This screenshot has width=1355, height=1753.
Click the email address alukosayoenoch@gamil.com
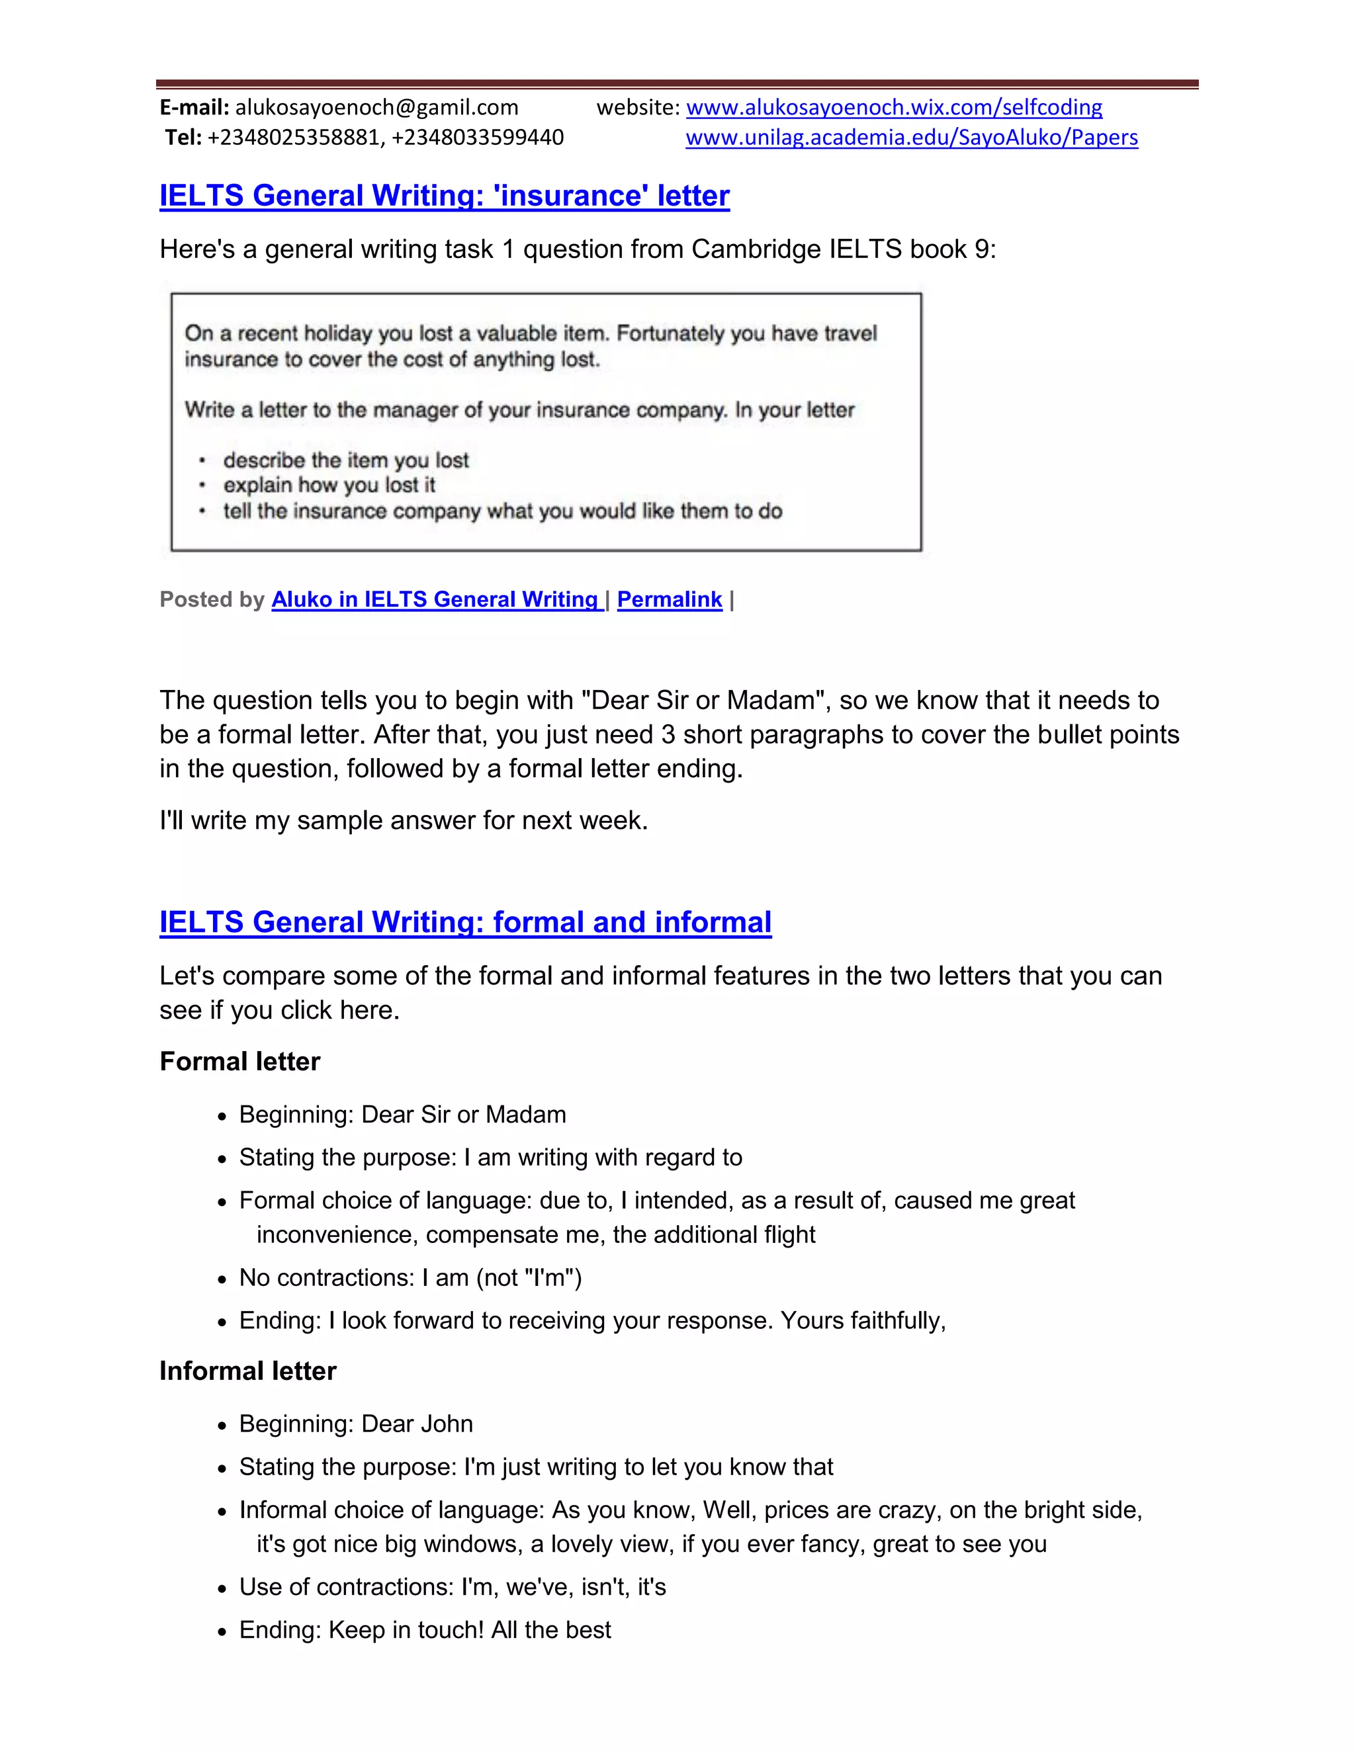coord(376,107)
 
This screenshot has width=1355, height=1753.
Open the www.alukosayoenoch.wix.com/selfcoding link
coord(893,107)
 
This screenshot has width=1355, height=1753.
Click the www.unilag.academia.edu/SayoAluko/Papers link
coord(911,137)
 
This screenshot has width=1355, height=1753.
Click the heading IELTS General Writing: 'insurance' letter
coord(444,195)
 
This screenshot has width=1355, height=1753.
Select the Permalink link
coord(670,599)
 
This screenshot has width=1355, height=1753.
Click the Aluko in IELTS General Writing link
coord(436,599)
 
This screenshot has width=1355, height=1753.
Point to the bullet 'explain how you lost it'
coord(329,485)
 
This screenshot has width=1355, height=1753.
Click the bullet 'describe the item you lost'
coord(346,460)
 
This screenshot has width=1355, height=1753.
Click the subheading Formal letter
coord(240,1061)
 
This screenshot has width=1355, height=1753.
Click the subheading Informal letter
coord(247,1370)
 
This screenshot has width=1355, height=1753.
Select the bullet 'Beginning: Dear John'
coord(355,1423)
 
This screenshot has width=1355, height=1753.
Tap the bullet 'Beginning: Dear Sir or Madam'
coord(402,1114)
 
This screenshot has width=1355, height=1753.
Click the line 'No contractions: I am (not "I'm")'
coord(410,1277)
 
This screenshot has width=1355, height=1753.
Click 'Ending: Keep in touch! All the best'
coord(425,1629)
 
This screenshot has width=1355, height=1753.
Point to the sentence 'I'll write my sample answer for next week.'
coord(403,820)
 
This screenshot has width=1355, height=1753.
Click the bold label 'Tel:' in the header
coord(183,137)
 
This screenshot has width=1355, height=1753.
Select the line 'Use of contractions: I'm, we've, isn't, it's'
coord(452,1587)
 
